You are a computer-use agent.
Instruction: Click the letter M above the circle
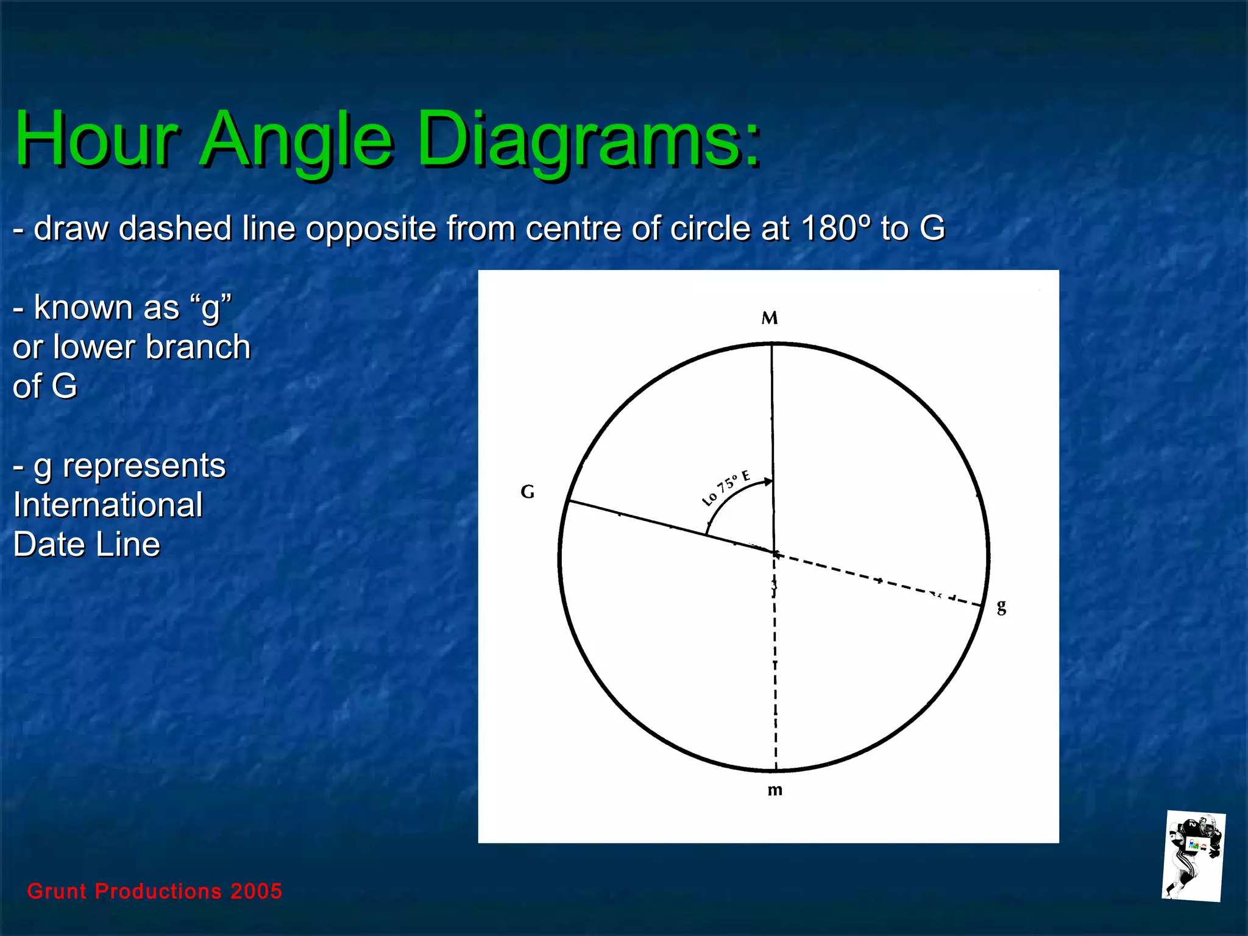click(770, 318)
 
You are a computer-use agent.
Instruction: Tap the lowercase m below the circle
click(775, 790)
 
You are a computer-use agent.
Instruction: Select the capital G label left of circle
click(528, 491)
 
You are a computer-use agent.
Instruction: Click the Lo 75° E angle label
click(725, 489)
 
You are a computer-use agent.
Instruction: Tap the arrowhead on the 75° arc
click(768, 482)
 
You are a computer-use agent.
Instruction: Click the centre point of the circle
click(775, 553)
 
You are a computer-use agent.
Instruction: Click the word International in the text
click(108, 505)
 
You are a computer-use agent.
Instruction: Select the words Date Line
click(87, 544)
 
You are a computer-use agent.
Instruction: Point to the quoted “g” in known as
click(211, 307)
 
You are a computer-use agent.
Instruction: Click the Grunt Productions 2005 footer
click(155, 891)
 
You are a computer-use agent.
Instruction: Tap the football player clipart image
click(1193, 856)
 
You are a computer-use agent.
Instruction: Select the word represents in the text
click(144, 466)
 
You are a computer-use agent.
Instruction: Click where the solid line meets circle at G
click(568, 501)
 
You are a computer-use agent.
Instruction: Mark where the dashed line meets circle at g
click(982, 605)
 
